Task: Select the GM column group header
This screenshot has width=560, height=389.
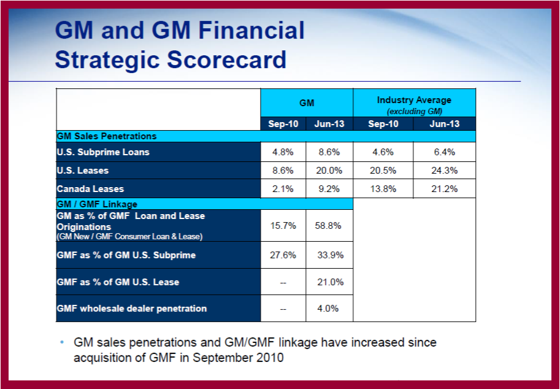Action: pos(307,103)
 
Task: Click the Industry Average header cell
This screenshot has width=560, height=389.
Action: pos(414,103)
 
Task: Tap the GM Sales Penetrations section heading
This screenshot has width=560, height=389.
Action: pos(107,136)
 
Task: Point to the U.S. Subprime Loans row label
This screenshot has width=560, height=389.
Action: pos(103,152)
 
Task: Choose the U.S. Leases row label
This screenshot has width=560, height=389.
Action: pos(82,171)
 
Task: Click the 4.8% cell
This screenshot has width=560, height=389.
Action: pos(283,152)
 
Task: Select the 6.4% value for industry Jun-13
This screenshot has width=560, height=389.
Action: pos(445,152)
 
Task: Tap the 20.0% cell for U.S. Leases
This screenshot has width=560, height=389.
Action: pos(329,171)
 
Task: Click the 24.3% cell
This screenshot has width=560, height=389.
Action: pos(445,171)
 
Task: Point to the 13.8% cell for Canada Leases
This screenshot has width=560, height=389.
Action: pos(383,189)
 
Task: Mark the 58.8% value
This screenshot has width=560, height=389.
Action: pos(329,225)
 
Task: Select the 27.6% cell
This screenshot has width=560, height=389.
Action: pos(283,255)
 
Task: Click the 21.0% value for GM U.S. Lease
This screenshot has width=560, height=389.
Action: pos(329,282)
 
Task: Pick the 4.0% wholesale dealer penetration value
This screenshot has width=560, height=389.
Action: pos(329,309)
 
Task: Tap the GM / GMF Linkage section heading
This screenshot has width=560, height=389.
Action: pos(97,204)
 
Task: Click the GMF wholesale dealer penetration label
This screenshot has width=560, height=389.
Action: pos(132,309)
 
